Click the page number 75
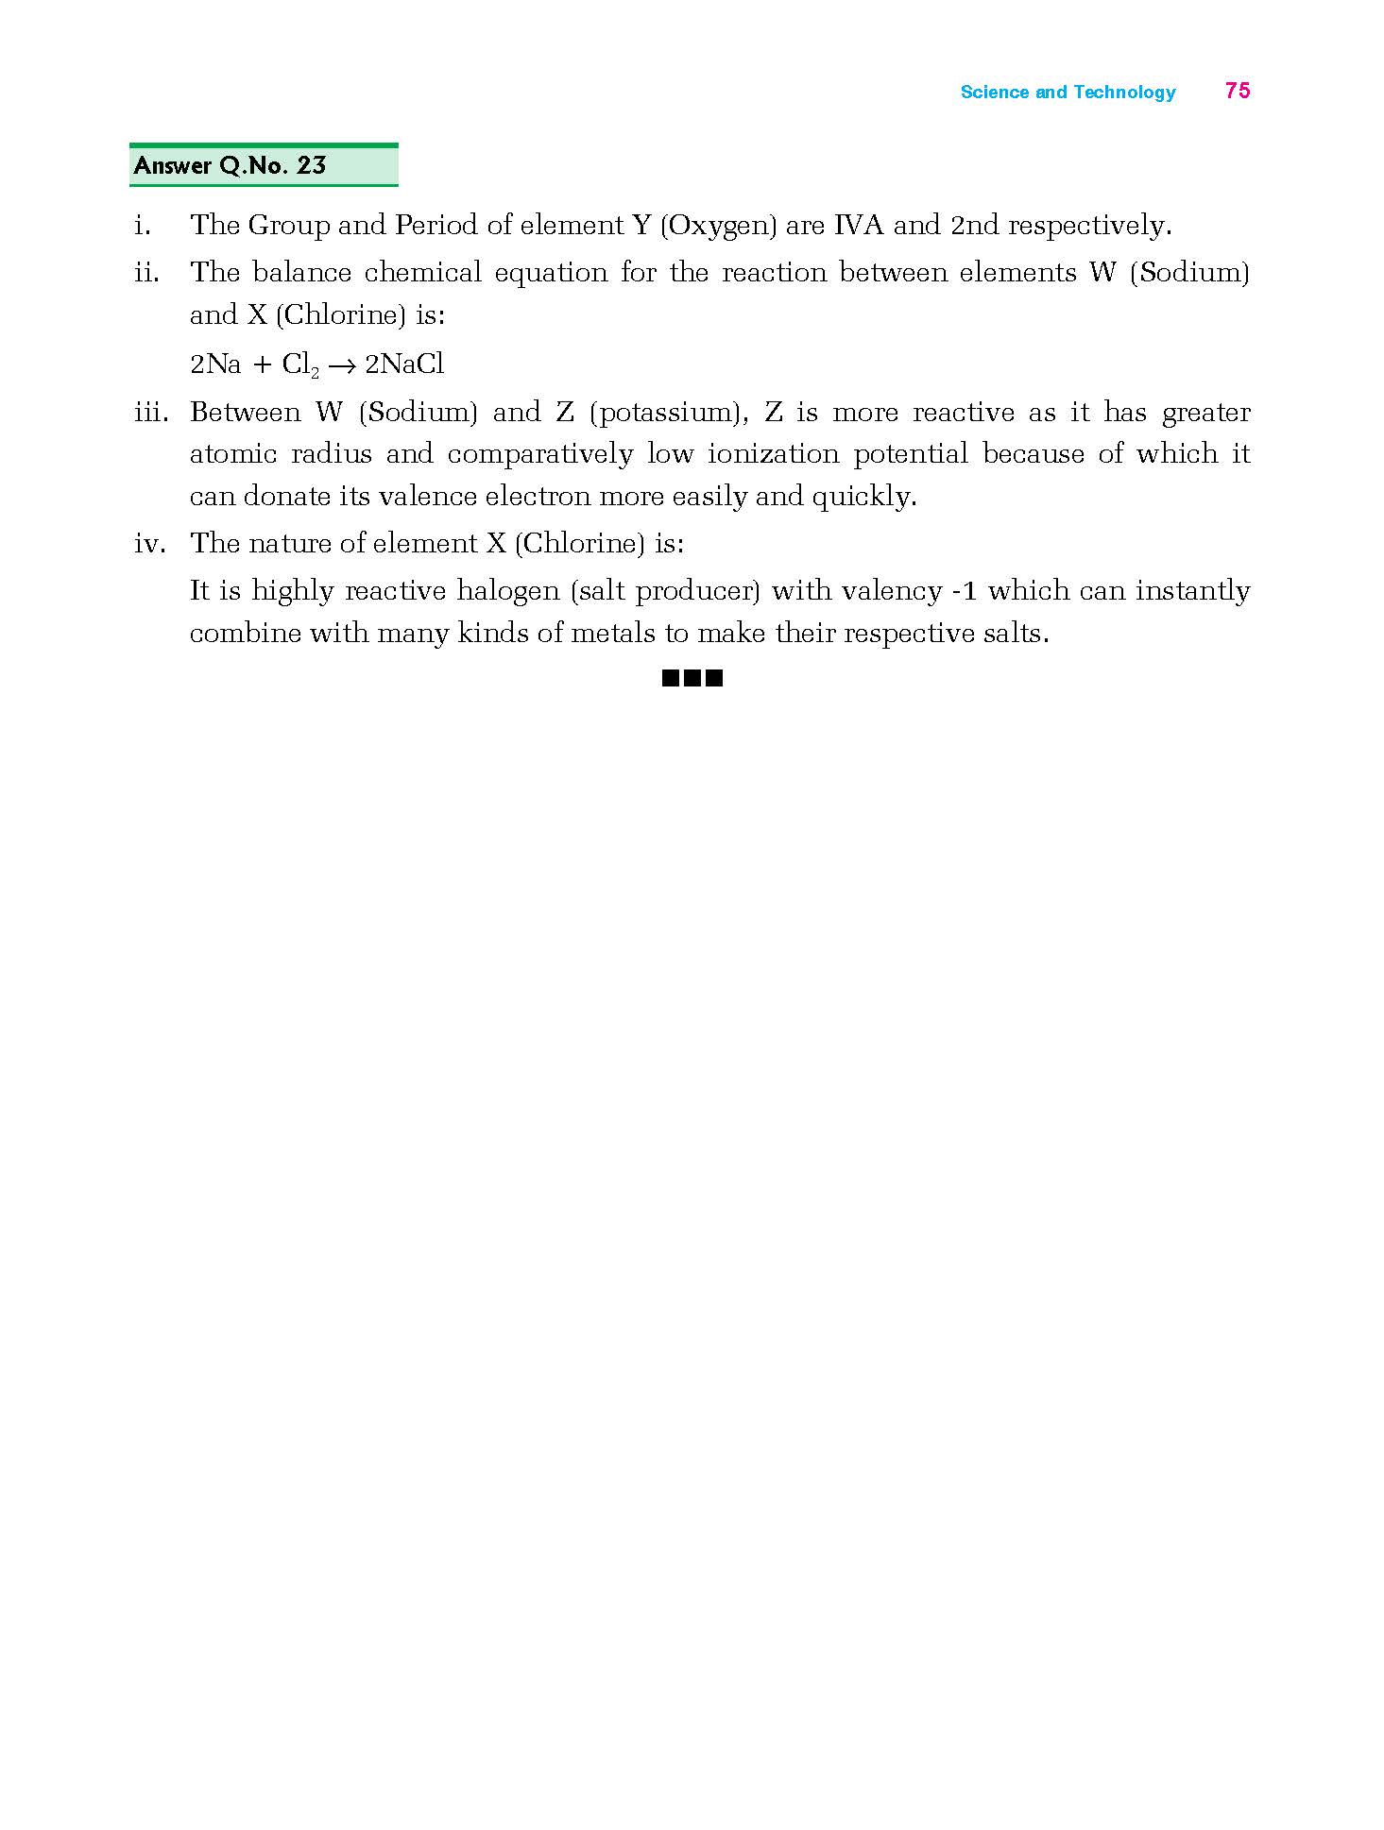pos(1237,91)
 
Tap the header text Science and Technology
pos(1068,92)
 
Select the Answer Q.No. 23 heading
pos(230,166)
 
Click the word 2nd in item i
pos(975,225)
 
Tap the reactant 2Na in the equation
pos(215,364)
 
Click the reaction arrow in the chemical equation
pos(341,365)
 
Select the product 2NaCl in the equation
pos(404,364)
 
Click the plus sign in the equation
pos(262,364)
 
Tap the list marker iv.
pos(149,544)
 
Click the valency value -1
pos(964,591)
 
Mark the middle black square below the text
pos(692,677)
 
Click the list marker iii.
pos(151,413)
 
